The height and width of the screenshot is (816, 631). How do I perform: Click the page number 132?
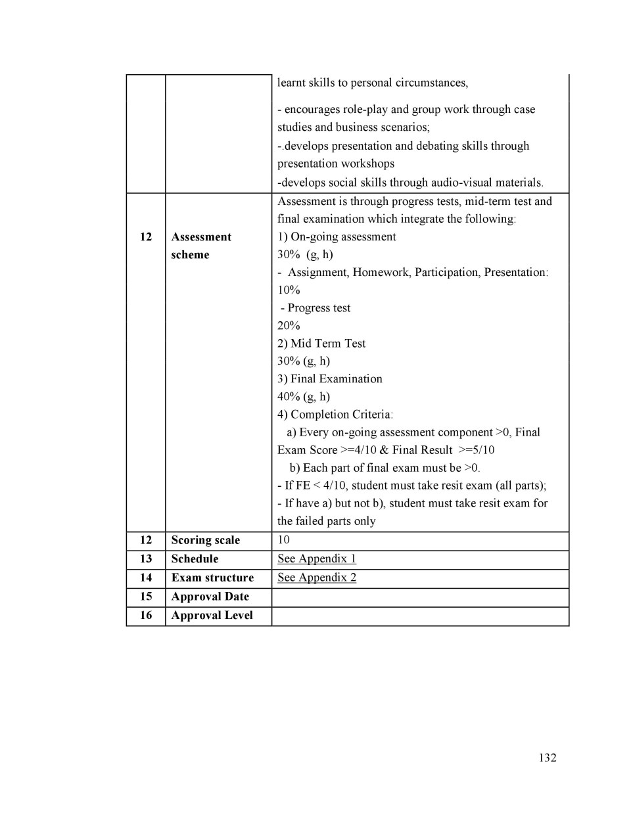(x=547, y=758)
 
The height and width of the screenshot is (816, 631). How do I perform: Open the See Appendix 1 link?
(x=316, y=558)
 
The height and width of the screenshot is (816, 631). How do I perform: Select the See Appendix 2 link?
(x=316, y=578)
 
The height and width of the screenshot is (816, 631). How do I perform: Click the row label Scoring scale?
(x=205, y=540)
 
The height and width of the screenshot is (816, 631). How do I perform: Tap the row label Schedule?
(x=195, y=559)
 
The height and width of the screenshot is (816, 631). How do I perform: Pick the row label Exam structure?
(x=212, y=578)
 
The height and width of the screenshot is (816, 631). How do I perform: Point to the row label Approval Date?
(x=210, y=597)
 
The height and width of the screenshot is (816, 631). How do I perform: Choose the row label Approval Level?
(x=212, y=616)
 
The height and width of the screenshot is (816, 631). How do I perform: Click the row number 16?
(x=146, y=616)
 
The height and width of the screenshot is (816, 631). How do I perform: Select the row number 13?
(x=146, y=559)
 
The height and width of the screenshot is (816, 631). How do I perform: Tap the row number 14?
(x=146, y=578)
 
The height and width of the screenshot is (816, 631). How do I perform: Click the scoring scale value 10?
(x=283, y=540)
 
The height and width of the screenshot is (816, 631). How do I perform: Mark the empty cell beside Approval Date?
(x=419, y=597)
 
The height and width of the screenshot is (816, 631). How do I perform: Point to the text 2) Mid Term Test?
(x=321, y=344)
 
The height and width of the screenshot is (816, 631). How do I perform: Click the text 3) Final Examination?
(x=329, y=379)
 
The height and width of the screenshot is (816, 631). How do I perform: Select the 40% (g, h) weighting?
(x=304, y=397)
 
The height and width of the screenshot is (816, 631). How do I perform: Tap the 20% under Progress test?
(x=289, y=326)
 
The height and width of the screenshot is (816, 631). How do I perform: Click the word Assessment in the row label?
(x=201, y=237)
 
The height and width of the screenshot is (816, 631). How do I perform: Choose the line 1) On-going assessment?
(x=337, y=237)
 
